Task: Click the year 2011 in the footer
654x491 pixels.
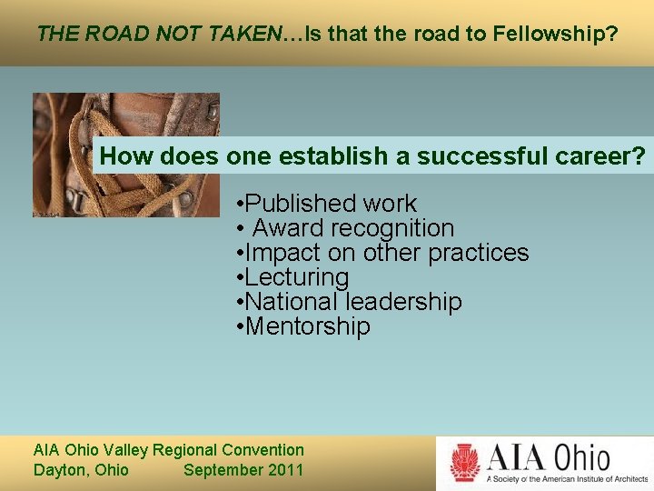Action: [x=284, y=470]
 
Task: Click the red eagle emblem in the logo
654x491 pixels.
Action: [x=465, y=462]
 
